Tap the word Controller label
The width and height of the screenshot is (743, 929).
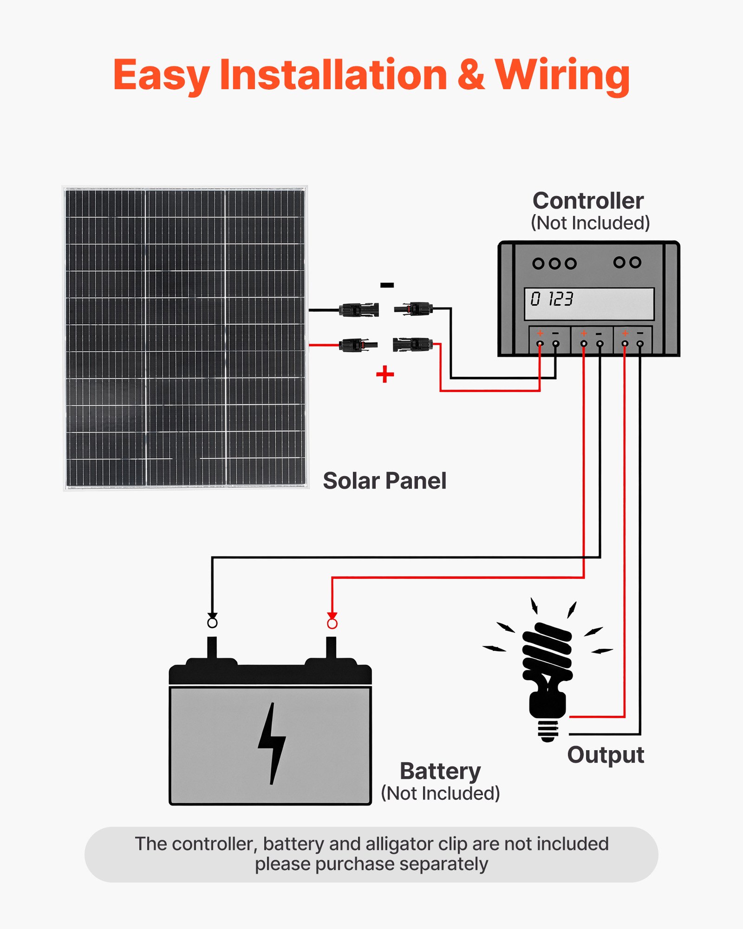pyautogui.click(x=588, y=201)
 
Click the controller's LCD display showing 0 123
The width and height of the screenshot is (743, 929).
pyautogui.click(x=589, y=303)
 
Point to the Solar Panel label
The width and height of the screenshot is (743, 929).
pyautogui.click(x=385, y=481)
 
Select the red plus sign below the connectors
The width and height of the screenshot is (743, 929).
pyautogui.click(x=385, y=374)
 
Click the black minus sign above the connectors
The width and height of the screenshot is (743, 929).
pyautogui.click(x=387, y=285)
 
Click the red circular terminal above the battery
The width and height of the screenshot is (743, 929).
pyautogui.click(x=332, y=623)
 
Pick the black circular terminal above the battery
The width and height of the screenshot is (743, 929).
pyautogui.click(x=212, y=622)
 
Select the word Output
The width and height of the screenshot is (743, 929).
pyautogui.click(x=606, y=755)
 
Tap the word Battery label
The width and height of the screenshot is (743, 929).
pyautogui.click(x=440, y=771)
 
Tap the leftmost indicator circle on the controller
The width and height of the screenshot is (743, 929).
pyautogui.click(x=538, y=264)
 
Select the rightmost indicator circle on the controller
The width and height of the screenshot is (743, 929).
pyautogui.click(x=635, y=262)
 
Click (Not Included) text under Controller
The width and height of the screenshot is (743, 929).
pyautogui.click(x=590, y=223)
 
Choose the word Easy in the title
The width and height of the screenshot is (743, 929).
pyautogui.click(x=161, y=75)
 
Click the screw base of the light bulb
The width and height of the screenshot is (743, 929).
pyautogui.click(x=548, y=730)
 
